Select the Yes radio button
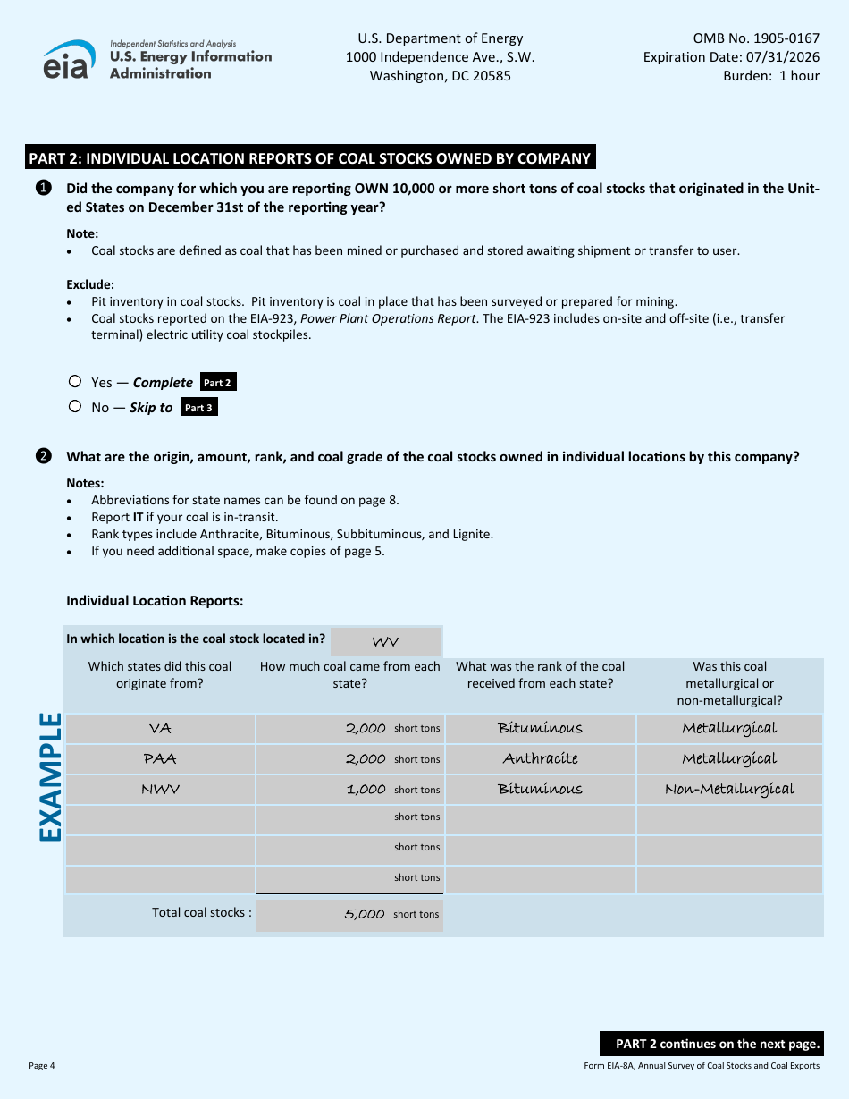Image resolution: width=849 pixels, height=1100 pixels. pos(75,381)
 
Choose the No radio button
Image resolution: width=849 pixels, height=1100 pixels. pos(75,406)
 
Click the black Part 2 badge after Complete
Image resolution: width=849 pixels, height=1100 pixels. pos(218,383)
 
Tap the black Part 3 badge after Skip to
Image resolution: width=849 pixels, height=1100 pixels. pos(198,408)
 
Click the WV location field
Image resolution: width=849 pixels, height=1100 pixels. pos(385,642)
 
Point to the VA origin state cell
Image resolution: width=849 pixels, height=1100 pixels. pos(160,729)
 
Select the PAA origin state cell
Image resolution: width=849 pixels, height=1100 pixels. pos(160,759)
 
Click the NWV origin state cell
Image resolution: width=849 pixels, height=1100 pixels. pos(160,790)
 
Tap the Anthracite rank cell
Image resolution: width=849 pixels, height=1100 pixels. pos(540,759)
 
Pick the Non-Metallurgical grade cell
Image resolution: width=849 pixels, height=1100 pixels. pos(729,790)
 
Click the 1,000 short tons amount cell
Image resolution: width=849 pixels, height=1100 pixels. pos(349,790)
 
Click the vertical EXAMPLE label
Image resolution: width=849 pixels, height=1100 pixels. pos(50,776)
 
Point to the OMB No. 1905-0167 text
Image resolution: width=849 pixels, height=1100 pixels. pos(756,38)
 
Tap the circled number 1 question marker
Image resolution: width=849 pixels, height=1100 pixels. pos(42,189)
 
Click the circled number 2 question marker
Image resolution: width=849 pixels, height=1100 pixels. pos(42,457)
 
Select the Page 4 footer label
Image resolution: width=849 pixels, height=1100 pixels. pos(42,1065)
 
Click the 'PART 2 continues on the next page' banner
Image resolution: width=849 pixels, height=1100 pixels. pos(710,1044)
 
